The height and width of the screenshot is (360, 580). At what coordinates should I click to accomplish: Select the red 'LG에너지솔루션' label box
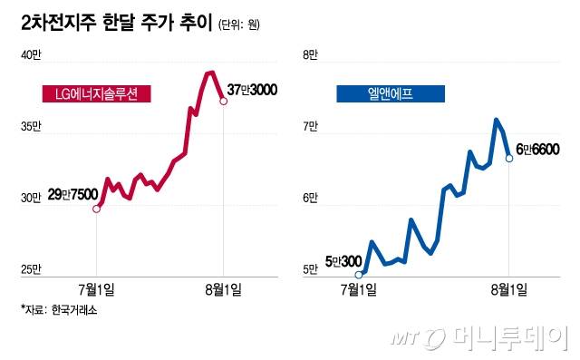[x=97, y=93]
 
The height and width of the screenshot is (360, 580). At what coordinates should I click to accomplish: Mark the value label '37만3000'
[x=253, y=90]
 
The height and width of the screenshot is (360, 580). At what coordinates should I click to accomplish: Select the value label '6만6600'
[x=537, y=149]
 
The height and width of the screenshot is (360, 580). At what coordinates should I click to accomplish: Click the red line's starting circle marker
[x=97, y=209]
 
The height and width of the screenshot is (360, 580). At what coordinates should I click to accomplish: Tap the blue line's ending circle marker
[x=509, y=158]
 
